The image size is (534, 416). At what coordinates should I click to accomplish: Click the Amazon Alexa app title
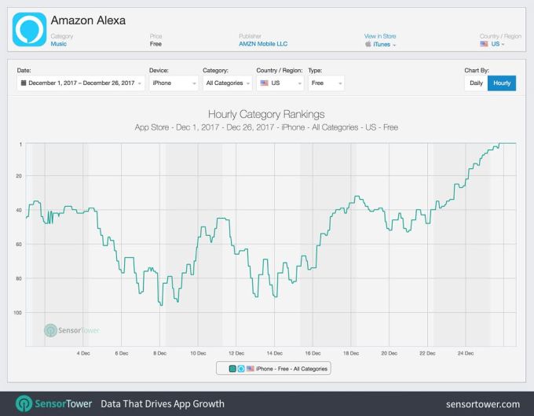pyautogui.click(x=87, y=20)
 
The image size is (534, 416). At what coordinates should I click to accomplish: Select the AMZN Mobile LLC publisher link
pyautogui.click(x=262, y=44)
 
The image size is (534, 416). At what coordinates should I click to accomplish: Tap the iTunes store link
pyautogui.click(x=381, y=45)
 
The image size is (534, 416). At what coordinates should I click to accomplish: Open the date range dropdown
pyautogui.click(x=81, y=83)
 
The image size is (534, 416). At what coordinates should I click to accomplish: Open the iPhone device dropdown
pyautogui.click(x=173, y=83)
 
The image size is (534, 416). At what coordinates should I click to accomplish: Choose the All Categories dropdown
pyautogui.click(x=226, y=83)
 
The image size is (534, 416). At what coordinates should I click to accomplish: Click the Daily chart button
pyautogui.click(x=476, y=83)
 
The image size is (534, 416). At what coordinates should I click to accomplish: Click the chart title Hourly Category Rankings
pyautogui.click(x=266, y=115)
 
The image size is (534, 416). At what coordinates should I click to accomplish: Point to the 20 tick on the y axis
pyautogui.click(x=20, y=176)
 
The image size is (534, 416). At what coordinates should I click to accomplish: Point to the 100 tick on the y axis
pyautogui.click(x=18, y=313)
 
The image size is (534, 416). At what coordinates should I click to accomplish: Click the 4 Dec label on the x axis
pyautogui.click(x=83, y=353)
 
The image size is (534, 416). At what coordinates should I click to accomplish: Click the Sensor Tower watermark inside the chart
pyautogui.click(x=72, y=330)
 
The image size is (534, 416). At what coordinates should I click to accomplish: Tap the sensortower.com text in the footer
pyautogui.click(x=482, y=404)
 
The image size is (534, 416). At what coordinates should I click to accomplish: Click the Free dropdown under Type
pyautogui.click(x=325, y=83)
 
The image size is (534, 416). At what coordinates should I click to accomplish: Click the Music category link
pyautogui.click(x=59, y=44)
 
